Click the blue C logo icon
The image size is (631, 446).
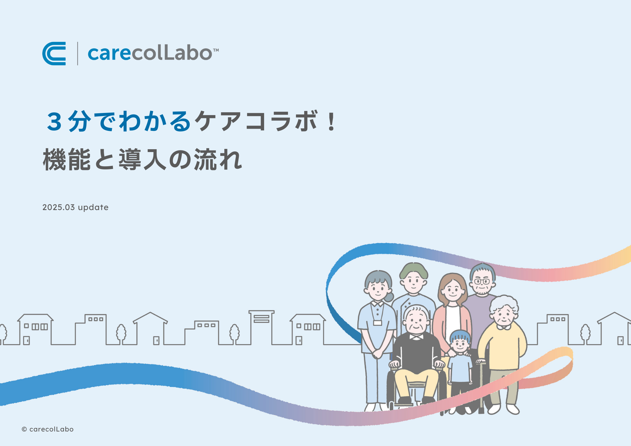click(54, 54)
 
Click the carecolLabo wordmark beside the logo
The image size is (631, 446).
click(150, 53)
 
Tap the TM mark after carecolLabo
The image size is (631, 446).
click(216, 50)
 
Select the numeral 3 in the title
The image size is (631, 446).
click(54, 121)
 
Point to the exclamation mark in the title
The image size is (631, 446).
click(331, 122)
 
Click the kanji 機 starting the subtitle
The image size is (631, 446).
click(55, 160)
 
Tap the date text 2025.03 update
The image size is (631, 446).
click(75, 207)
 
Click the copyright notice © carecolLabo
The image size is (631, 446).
click(48, 429)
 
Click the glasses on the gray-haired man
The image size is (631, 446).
click(482, 281)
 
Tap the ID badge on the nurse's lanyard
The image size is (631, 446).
click(377, 323)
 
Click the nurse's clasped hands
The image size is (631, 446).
click(377, 354)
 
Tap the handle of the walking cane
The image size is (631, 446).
click(481, 361)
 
